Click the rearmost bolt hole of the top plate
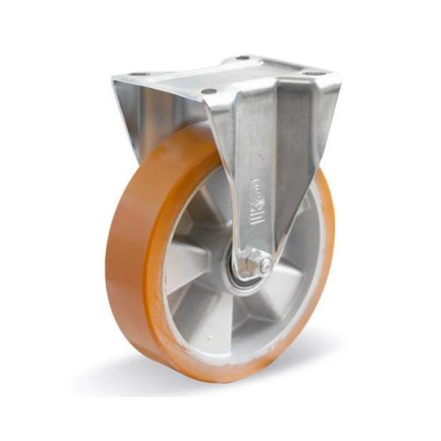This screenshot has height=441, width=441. [x=239, y=59]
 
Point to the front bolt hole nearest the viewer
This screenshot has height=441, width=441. [x=208, y=91]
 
